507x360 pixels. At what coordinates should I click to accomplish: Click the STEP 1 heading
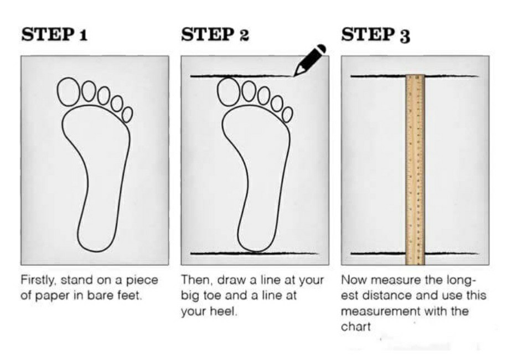pos(54,34)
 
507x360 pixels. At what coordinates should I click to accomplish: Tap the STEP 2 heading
pos(215,34)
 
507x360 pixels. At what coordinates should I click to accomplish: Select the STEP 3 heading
pos(376,34)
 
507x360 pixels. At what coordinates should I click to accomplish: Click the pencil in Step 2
pos(309,60)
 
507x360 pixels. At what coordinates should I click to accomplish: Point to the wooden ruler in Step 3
pos(415,169)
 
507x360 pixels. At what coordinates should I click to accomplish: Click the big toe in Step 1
pos(69,92)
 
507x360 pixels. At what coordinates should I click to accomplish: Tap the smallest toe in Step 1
pos(127,115)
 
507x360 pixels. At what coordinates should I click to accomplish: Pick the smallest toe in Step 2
pos(288,115)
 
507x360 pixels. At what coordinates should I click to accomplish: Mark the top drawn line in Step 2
pos(242,76)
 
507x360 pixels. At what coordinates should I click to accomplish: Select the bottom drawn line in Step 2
pos(255,253)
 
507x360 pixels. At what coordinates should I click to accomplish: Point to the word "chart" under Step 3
pos(356,326)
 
